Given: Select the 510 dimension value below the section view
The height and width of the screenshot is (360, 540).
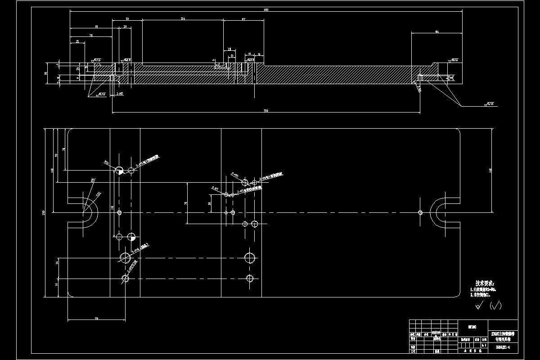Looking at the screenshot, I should click(x=266, y=111).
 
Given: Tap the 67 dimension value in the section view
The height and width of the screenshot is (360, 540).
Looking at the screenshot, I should click(x=243, y=19).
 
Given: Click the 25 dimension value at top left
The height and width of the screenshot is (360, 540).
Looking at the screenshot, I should click(x=78, y=41).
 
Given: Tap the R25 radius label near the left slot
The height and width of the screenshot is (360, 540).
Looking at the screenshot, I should click(x=92, y=180).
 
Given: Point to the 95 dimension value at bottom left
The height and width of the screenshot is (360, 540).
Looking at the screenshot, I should click(x=96, y=319).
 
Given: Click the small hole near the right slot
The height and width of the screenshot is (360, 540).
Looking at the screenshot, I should click(x=420, y=212).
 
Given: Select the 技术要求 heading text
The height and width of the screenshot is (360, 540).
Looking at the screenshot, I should click(x=485, y=283).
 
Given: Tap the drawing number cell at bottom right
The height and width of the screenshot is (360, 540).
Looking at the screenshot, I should click(x=502, y=347).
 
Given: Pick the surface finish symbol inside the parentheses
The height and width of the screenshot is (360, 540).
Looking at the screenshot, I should click(x=495, y=306).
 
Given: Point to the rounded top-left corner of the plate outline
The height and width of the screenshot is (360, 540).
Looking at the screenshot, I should click(x=70, y=131).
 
